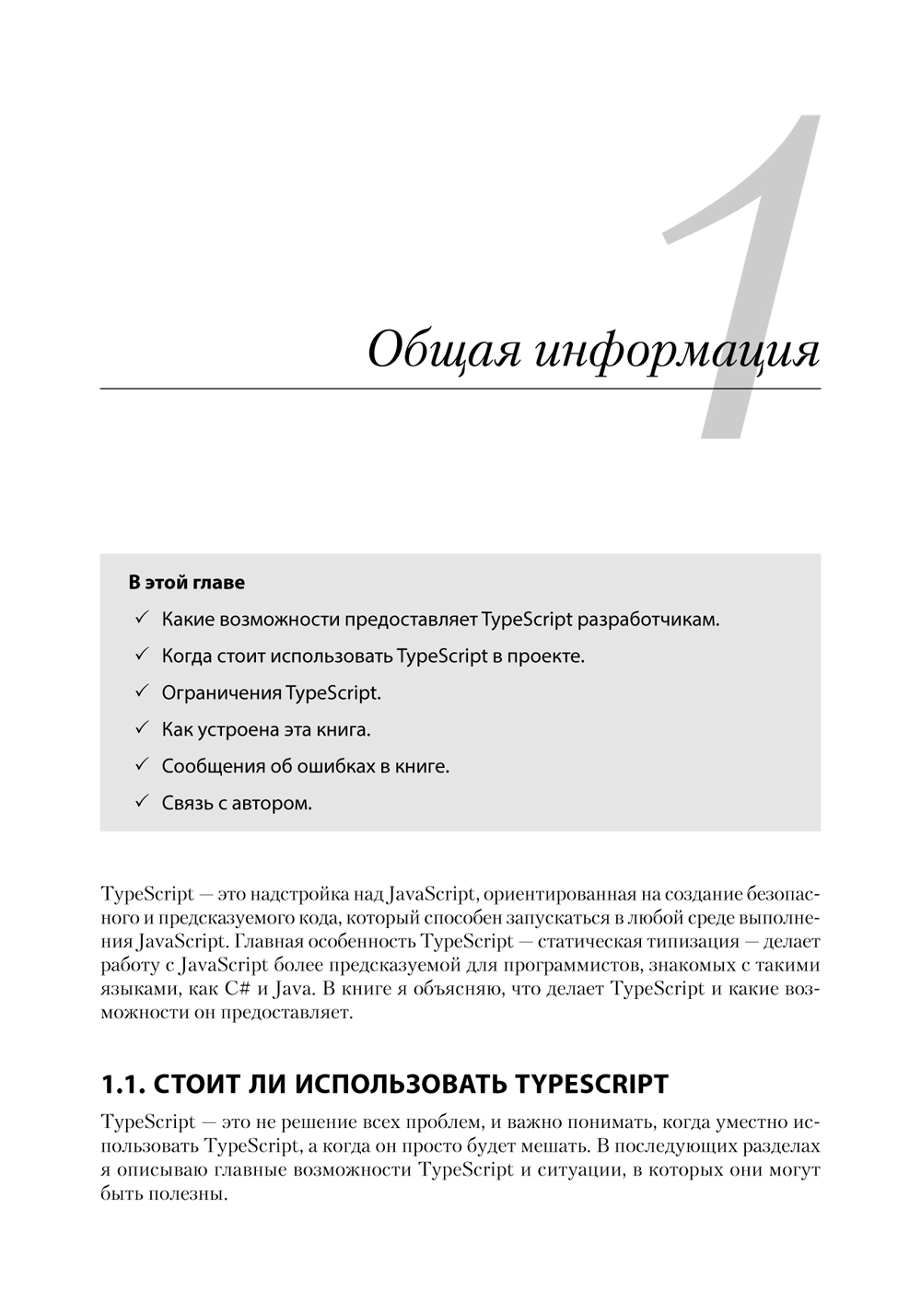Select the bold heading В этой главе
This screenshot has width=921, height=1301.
pos(187,583)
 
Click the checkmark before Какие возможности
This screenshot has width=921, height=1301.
pos(142,618)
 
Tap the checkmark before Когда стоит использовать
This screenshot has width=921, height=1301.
pos(142,655)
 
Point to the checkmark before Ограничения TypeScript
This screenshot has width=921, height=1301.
pos(142,691)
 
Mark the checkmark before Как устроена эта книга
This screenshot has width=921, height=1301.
pos(142,728)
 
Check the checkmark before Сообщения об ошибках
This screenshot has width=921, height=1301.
pos(142,765)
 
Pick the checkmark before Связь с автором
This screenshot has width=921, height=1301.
pos(142,802)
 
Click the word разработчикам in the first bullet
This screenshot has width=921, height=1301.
pos(648,620)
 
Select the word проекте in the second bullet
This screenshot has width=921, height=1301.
pos(548,656)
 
